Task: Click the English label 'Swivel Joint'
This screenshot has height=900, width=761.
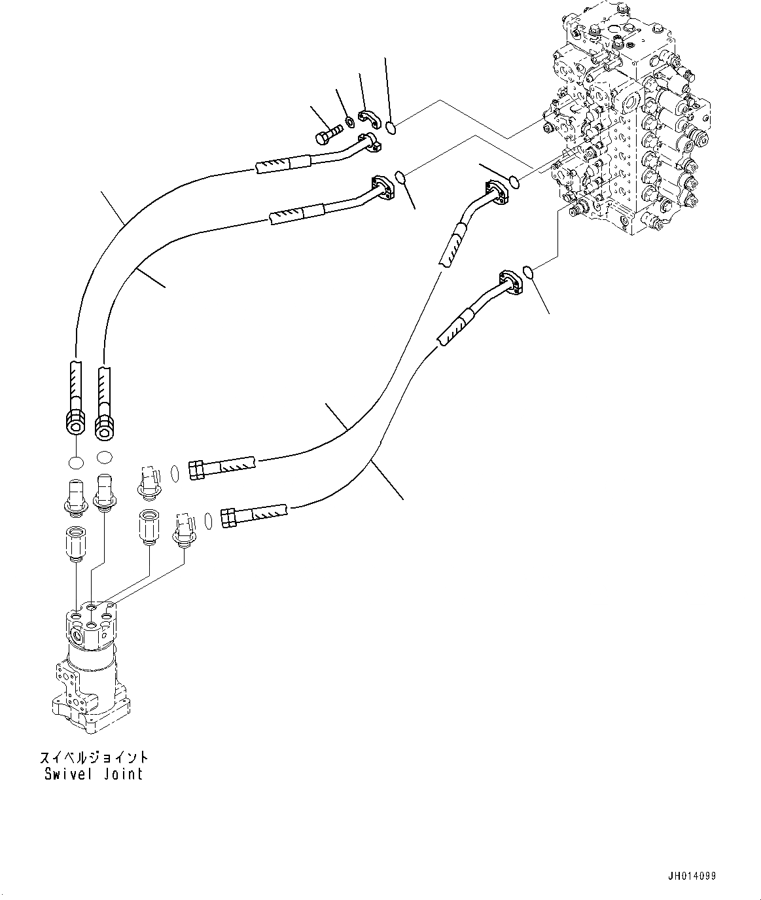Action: click(94, 774)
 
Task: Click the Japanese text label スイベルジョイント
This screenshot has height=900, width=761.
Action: click(94, 757)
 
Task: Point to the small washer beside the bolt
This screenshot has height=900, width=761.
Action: click(349, 120)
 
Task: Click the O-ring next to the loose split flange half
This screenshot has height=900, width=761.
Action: click(391, 128)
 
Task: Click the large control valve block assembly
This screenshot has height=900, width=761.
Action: click(628, 124)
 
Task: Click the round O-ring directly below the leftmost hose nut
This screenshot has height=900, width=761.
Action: click(76, 462)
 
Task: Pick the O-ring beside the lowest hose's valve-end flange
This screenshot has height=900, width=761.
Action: click(531, 272)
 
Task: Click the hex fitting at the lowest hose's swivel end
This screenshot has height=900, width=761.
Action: click(230, 518)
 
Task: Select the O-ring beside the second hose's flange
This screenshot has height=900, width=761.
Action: click(400, 176)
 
